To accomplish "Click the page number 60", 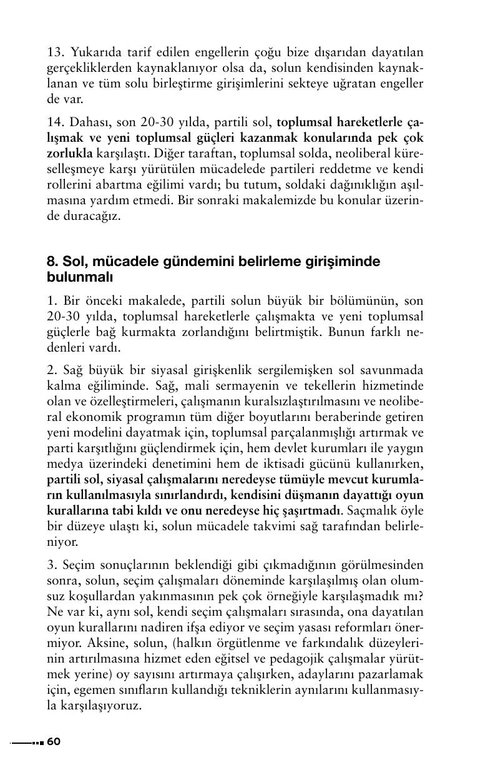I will click(x=54, y=741).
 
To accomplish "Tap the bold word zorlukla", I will click(x=70, y=153).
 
